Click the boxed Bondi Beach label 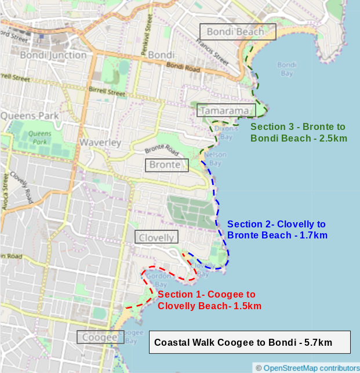(x=238, y=31)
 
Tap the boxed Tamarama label (x=226, y=110)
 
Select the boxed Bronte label (x=167, y=165)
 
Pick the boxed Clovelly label (x=157, y=237)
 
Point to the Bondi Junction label (x=53, y=55)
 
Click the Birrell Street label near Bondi (x=107, y=91)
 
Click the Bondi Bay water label (x=286, y=68)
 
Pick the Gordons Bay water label (x=156, y=281)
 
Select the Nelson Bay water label (x=214, y=158)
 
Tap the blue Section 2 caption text (x=277, y=229)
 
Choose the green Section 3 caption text (x=299, y=132)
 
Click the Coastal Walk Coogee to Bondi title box (x=250, y=342)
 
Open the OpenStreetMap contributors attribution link (x=311, y=368)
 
